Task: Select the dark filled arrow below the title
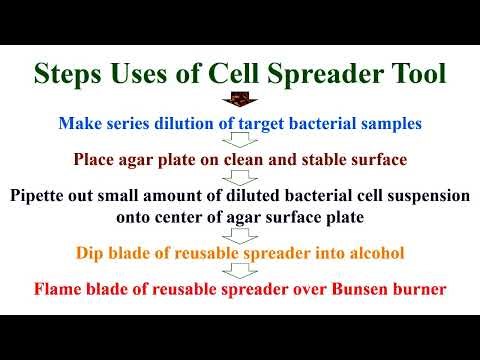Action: click(x=240, y=100)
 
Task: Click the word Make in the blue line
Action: click(x=109, y=124)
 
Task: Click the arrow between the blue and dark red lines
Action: click(x=240, y=142)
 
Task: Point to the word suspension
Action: click(x=422, y=196)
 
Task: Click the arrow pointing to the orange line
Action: click(x=240, y=235)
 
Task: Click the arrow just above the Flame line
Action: click(x=240, y=271)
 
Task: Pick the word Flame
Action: click(x=59, y=290)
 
